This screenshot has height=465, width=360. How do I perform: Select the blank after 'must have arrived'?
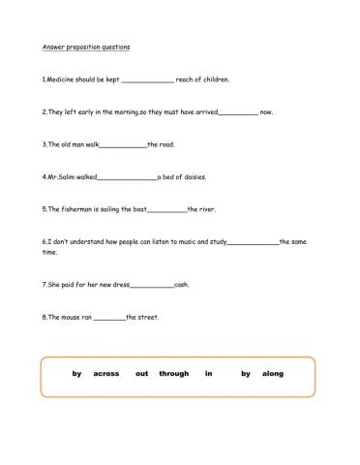[239, 113]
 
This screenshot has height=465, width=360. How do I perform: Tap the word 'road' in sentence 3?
[165, 144]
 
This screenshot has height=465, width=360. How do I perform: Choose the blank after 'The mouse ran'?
[110, 319]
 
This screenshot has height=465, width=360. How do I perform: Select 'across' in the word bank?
[106, 374]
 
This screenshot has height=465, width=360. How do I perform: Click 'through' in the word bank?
[174, 374]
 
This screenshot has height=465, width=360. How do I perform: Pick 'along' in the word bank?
[273, 374]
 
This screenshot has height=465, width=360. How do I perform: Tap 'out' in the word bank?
[141, 374]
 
